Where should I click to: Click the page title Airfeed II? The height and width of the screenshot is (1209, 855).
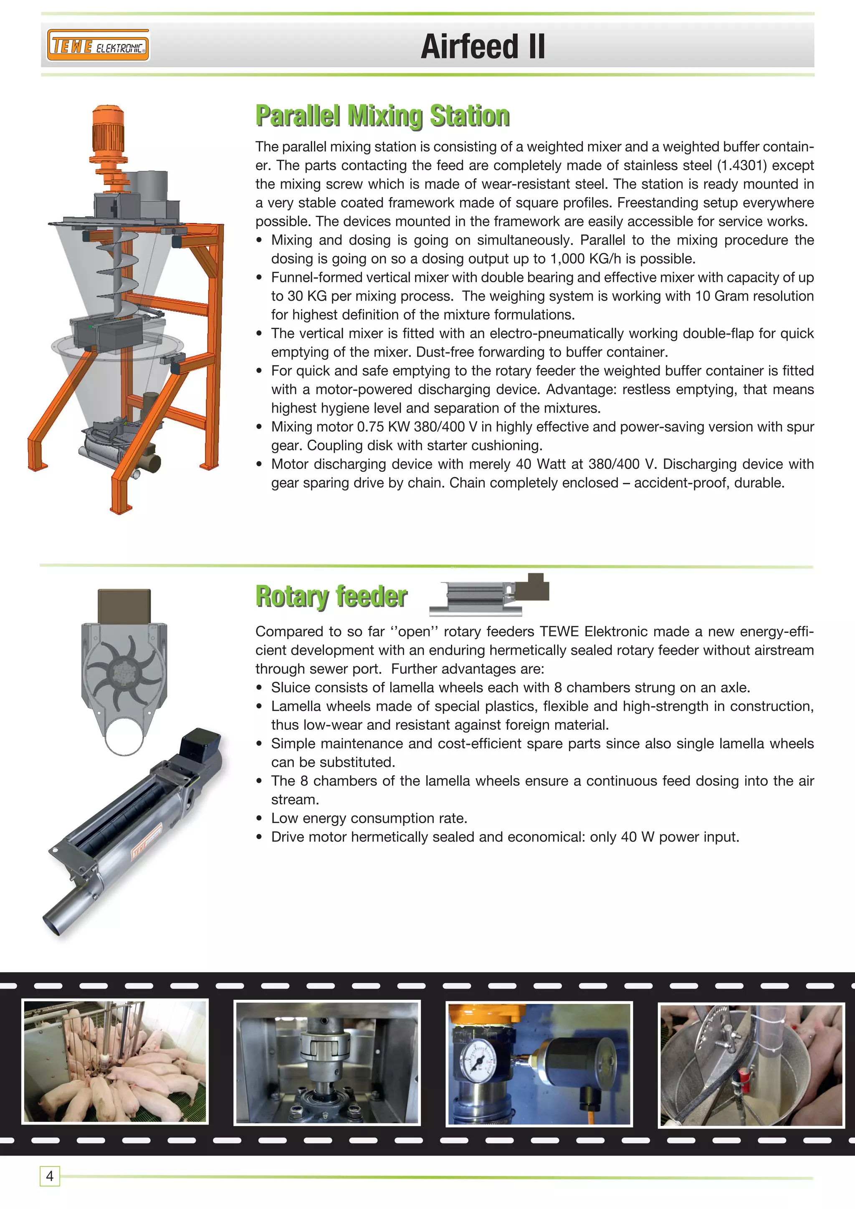click(482, 46)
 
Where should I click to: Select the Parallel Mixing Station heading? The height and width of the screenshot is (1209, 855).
click(382, 116)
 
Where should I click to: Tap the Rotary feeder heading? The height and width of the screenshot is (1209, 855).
click(331, 597)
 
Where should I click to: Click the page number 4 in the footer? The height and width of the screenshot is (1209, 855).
click(50, 1176)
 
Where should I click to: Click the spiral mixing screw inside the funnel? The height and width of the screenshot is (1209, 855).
click(121, 263)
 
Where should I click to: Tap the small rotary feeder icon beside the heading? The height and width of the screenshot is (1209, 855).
click(489, 595)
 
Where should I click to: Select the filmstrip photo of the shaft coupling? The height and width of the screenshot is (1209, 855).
click(327, 1062)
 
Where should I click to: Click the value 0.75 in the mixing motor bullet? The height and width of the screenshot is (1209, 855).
click(370, 427)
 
